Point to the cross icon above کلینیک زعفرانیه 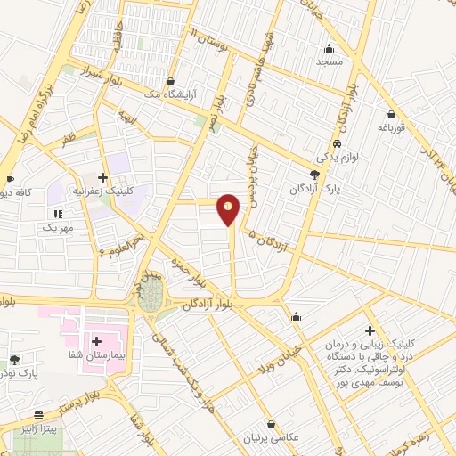[x=103, y=177]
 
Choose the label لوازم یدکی [x=336, y=157]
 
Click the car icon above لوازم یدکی [x=336, y=143]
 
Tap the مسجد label [x=330, y=63]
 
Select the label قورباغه [x=392, y=126]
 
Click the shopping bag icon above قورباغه [x=391, y=113]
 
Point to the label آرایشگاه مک [x=176, y=94]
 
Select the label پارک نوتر [x=18, y=375]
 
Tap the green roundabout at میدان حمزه [x=152, y=297]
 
